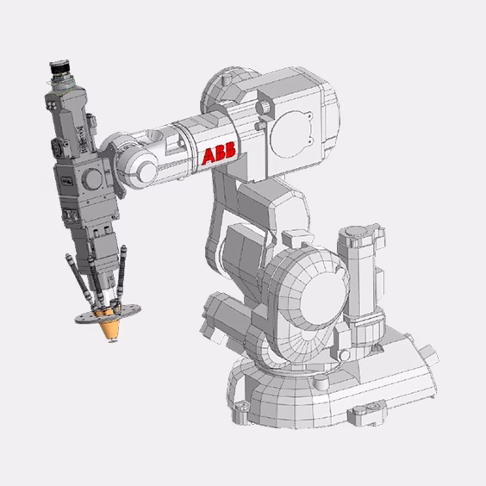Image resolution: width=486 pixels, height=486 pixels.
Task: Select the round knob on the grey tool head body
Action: (93, 179)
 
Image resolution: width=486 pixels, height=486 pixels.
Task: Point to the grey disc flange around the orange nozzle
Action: (108, 314)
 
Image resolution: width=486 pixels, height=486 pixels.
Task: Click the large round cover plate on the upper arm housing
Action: (290, 134)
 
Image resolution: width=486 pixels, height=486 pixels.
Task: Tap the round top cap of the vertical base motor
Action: (356, 231)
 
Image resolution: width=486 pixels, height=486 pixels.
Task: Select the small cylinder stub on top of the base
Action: (321, 383)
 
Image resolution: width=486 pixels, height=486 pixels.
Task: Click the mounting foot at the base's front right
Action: (367, 411)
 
